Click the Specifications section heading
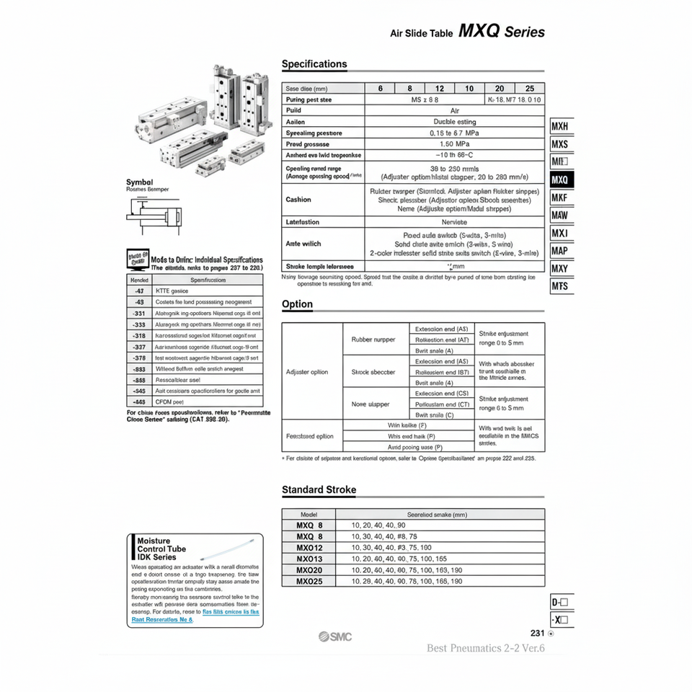314,64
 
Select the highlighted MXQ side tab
560,179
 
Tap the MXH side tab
560,126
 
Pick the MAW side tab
560,215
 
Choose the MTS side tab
560,286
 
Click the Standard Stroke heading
319,490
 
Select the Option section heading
297,304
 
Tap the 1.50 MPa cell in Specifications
454,144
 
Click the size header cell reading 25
530,88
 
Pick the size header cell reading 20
500,88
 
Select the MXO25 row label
309,581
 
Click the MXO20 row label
309,569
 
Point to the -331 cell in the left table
139,313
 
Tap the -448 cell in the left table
139,401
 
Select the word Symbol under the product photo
139,182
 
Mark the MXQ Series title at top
502,32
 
